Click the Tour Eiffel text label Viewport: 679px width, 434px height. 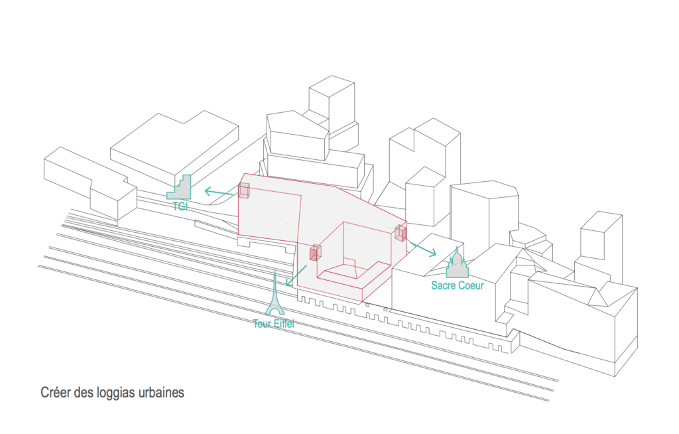274,323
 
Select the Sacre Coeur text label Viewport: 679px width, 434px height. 458,285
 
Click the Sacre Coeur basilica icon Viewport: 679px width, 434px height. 458,265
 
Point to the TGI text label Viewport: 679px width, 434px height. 180,206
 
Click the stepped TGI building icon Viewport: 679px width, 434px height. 179,187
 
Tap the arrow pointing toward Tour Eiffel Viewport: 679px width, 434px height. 296,276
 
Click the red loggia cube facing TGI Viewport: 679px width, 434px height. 244,190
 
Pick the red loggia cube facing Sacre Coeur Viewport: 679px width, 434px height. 401,233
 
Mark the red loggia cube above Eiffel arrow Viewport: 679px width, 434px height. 315,252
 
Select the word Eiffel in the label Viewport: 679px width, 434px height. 283,323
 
